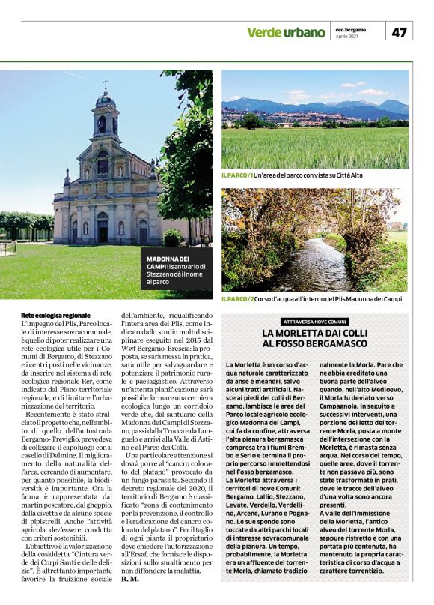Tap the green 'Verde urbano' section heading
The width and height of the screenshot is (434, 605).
pyautogui.click(x=286, y=33)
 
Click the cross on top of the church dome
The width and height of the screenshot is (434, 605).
pyautogui.click(x=106, y=84)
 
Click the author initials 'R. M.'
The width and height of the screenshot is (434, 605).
pyautogui.click(x=129, y=579)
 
